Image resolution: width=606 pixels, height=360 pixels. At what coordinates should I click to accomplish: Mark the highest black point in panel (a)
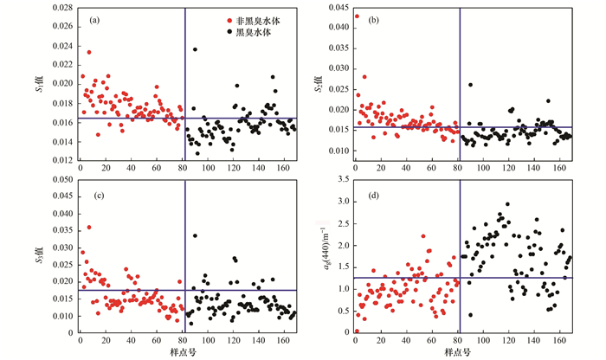tap(195, 49)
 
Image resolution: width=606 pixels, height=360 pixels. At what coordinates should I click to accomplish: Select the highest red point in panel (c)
tap(88, 227)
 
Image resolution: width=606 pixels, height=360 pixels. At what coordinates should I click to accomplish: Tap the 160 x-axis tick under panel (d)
tap(561, 340)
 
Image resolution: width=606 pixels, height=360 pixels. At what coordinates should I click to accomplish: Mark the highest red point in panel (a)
tap(88, 52)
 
